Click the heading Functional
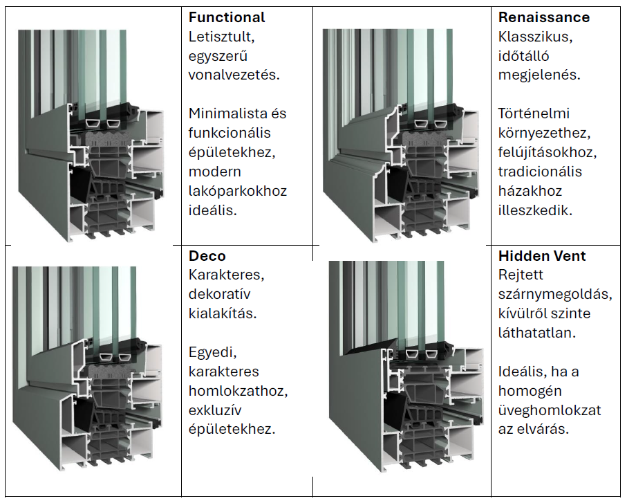pos(227,17)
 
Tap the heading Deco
pos(207,256)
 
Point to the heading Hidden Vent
pos(542,256)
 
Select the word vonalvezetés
pos(234,74)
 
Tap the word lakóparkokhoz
pos(237,190)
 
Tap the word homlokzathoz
pos(238,391)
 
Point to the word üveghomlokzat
pos(550,410)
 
